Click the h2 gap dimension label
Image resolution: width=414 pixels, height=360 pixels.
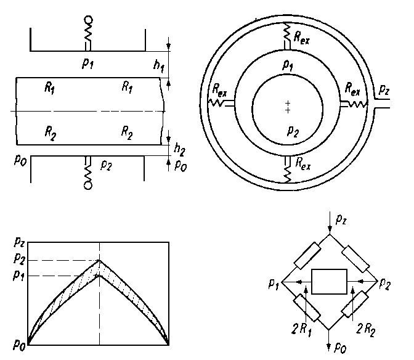tap(179, 149)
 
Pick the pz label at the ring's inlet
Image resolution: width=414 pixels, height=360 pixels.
tap(384, 90)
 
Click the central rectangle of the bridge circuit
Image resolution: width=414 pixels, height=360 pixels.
tap(330, 282)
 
